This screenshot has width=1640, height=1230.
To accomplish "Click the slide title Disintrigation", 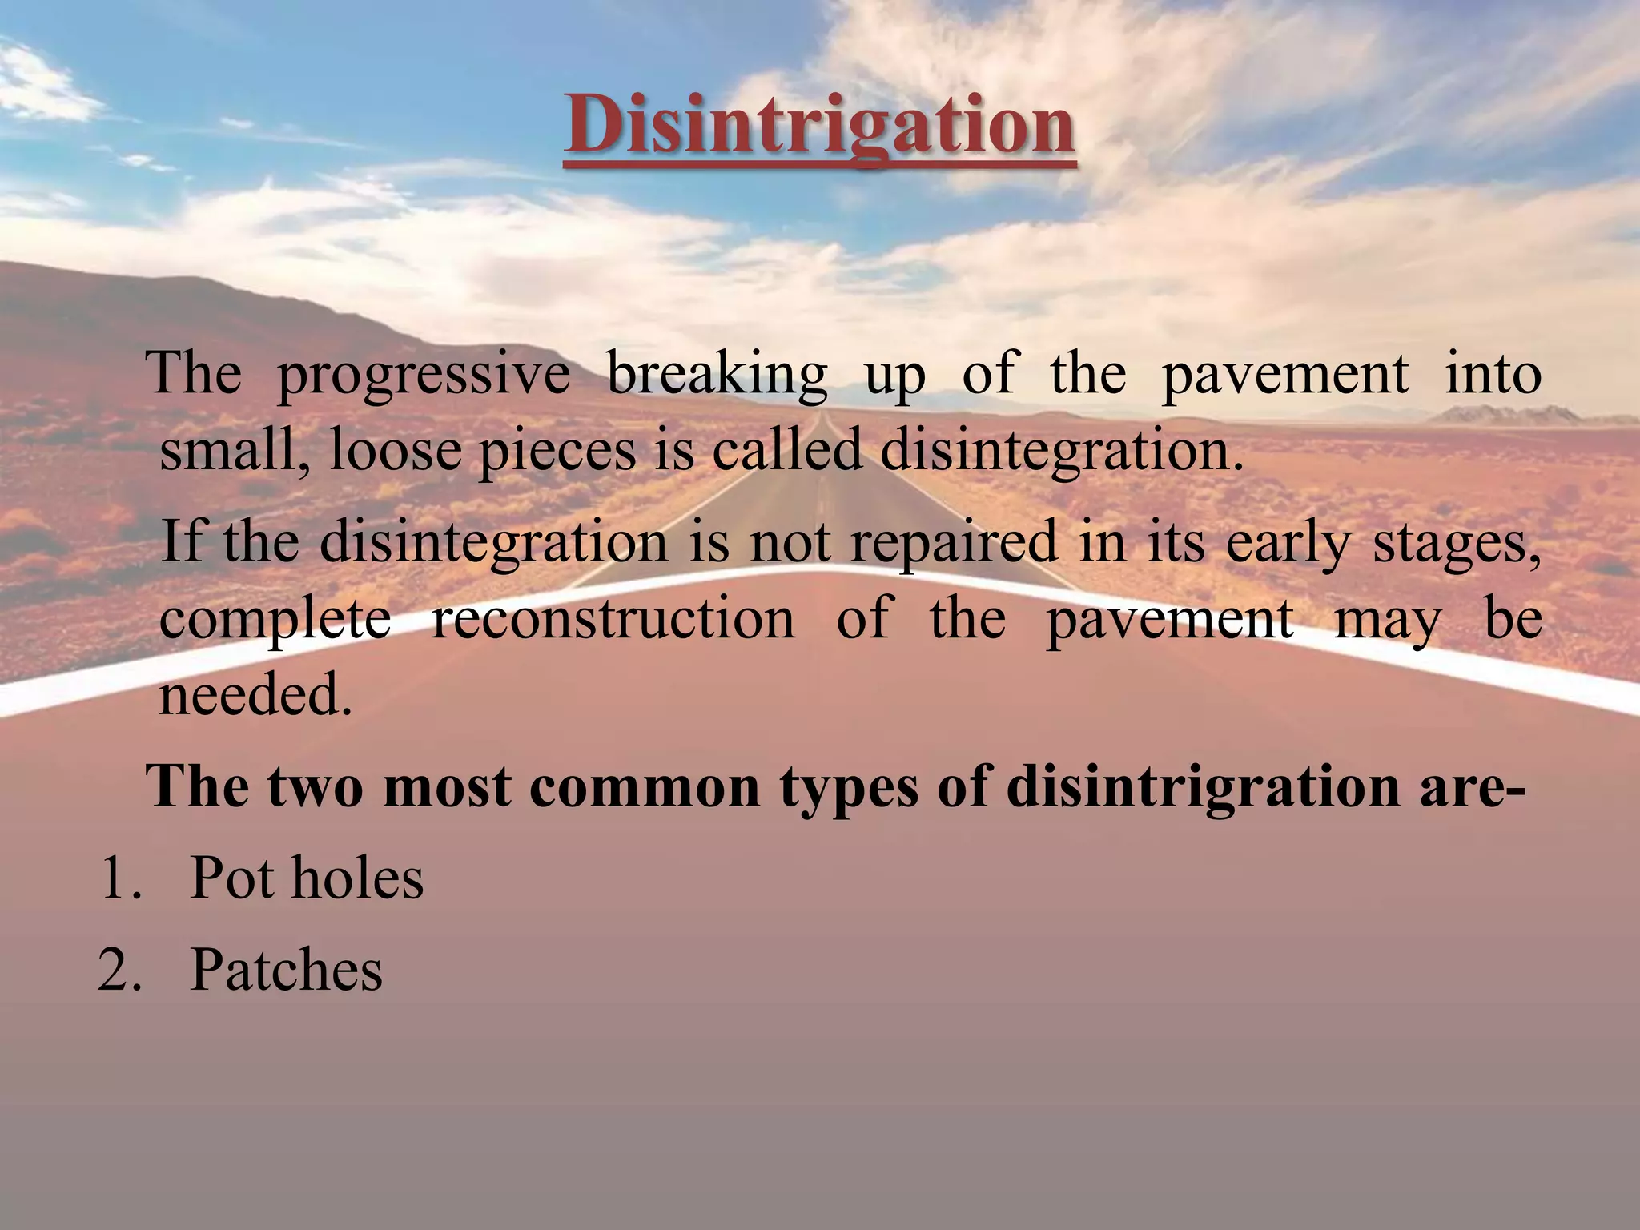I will [819, 127].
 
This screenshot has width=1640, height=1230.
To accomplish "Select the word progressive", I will [423, 375].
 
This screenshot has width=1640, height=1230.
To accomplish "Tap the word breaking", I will [717, 375].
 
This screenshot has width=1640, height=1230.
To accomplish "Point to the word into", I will [1493, 373].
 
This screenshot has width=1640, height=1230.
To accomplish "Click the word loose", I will [396, 450].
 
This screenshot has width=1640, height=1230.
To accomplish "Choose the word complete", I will [275, 620].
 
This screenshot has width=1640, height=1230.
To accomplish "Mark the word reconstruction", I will [613, 618].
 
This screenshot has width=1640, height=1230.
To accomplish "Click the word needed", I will [255, 695].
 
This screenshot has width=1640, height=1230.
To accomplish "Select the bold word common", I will [645, 786].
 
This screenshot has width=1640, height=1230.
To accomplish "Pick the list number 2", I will [120, 970].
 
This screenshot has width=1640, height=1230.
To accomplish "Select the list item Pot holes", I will [307, 878].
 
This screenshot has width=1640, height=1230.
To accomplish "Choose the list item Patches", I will [286, 970].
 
